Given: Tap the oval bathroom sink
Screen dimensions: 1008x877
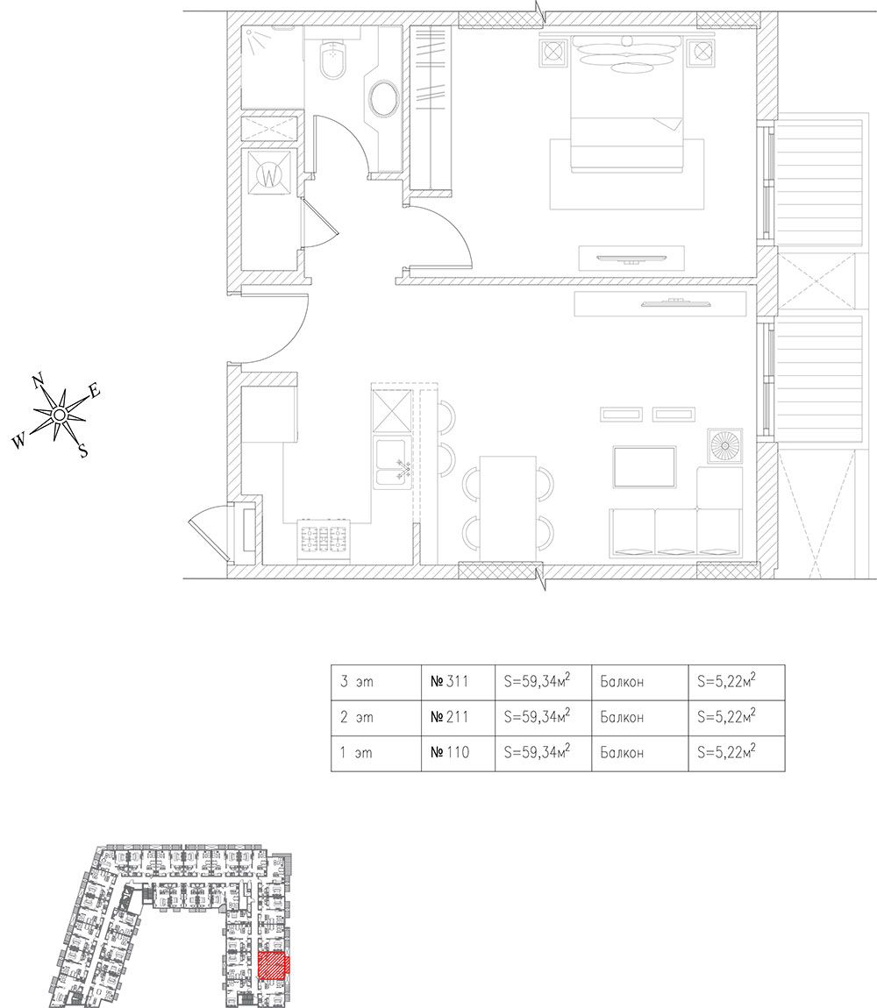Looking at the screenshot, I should tap(384, 99).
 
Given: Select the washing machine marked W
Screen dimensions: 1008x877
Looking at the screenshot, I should tap(271, 176).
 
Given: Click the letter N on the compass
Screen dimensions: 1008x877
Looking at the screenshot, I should tap(38, 380).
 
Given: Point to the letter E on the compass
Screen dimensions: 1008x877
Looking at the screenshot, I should tap(95, 392).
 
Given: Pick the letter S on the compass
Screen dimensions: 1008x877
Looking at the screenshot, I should tap(83, 451).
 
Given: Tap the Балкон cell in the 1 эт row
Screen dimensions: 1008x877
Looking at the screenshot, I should tap(622, 752).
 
